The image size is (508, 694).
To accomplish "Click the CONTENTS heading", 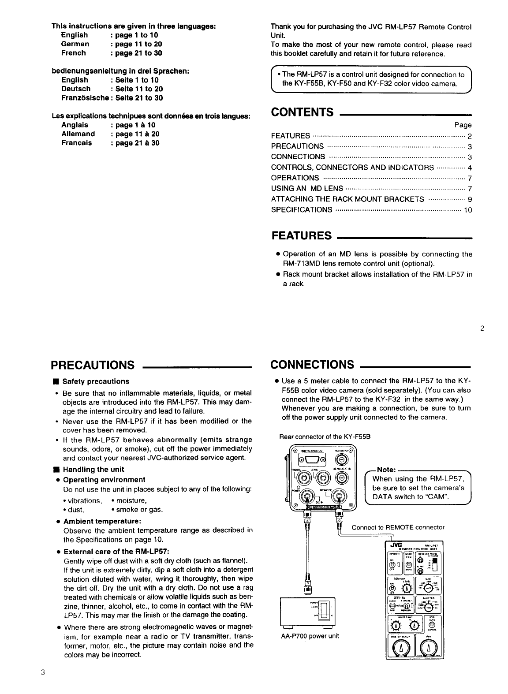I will click(x=302, y=112).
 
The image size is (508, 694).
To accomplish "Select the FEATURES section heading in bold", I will click(x=302, y=235).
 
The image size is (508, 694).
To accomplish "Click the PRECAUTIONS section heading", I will click(x=93, y=365).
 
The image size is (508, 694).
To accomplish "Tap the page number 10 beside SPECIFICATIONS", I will click(x=468, y=210).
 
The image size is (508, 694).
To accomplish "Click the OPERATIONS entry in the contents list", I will click(x=295, y=178).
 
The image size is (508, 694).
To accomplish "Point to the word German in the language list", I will click(x=75, y=44).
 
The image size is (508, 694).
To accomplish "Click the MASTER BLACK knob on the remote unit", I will click(x=400, y=647).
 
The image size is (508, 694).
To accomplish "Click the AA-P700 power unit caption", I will click(x=310, y=636).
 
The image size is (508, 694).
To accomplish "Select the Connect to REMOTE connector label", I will click(x=398, y=527).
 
